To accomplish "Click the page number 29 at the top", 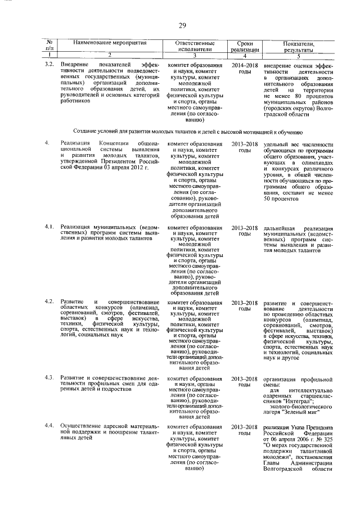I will tap(182, 25).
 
